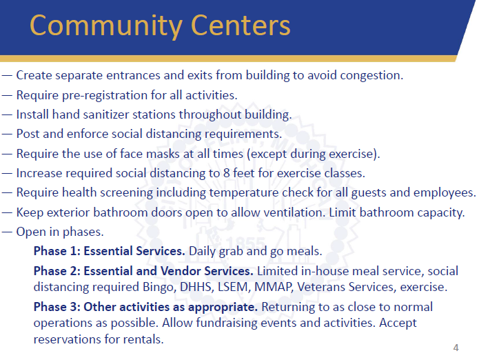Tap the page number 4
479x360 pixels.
pyautogui.click(x=456, y=347)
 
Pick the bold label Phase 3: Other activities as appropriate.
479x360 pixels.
pyautogui.click(x=145, y=306)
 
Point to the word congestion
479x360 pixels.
pyautogui.click(x=373, y=75)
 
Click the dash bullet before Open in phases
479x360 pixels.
pyautogui.click(x=7, y=232)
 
